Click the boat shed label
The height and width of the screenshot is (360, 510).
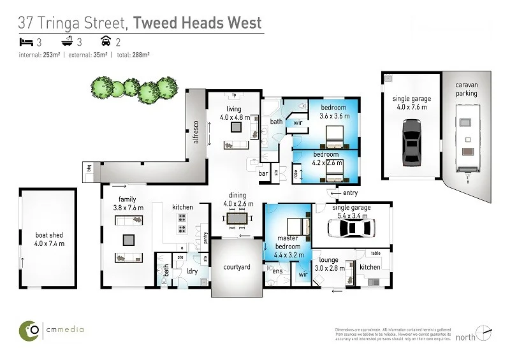49,239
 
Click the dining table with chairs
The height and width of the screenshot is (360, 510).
237,219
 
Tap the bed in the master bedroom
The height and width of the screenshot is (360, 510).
295,227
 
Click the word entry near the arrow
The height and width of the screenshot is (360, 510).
350,193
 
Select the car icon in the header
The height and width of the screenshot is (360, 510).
106,41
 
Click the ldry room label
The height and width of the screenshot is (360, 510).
191,272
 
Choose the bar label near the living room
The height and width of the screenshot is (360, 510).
263,172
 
